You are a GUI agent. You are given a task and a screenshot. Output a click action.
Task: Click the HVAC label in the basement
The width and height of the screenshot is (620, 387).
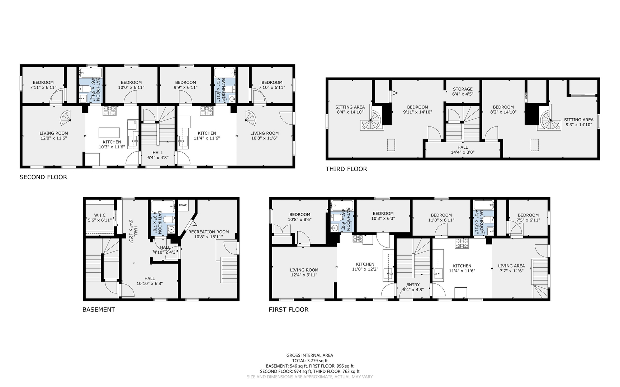click(x=183, y=205)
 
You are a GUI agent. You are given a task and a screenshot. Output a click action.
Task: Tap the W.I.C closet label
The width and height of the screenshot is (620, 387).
click(x=100, y=215)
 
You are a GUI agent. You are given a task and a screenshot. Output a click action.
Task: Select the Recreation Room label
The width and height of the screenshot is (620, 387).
click(x=208, y=232)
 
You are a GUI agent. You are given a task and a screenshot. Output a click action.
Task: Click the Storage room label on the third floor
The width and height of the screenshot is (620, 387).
click(x=463, y=89)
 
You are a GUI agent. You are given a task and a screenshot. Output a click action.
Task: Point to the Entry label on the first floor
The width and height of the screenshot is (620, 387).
click(x=413, y=285)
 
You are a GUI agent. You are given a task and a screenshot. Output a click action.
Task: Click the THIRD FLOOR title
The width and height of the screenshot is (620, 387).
click(x=346, y=169)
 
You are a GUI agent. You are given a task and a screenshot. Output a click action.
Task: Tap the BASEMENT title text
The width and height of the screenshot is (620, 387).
click(x=99, y=310)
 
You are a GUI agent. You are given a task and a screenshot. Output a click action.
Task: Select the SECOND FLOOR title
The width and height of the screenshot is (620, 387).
click(x=43, y=177)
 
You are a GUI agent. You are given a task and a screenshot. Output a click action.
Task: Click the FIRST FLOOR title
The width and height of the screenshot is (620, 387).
click(x=289, y=310)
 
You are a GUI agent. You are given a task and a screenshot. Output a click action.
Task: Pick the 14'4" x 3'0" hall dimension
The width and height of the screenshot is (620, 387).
click(x=463, y=152)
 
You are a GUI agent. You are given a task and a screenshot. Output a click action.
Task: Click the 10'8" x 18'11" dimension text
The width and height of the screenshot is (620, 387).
click(x=208, y=237)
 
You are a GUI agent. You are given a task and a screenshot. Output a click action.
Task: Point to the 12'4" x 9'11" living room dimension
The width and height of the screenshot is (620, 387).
click(x=304, y=275)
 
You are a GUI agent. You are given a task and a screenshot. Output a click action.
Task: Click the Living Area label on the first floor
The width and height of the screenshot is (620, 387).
click(x=511, y=266)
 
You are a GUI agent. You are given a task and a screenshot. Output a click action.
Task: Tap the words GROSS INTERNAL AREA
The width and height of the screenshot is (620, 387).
click(x=310, y=355)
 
